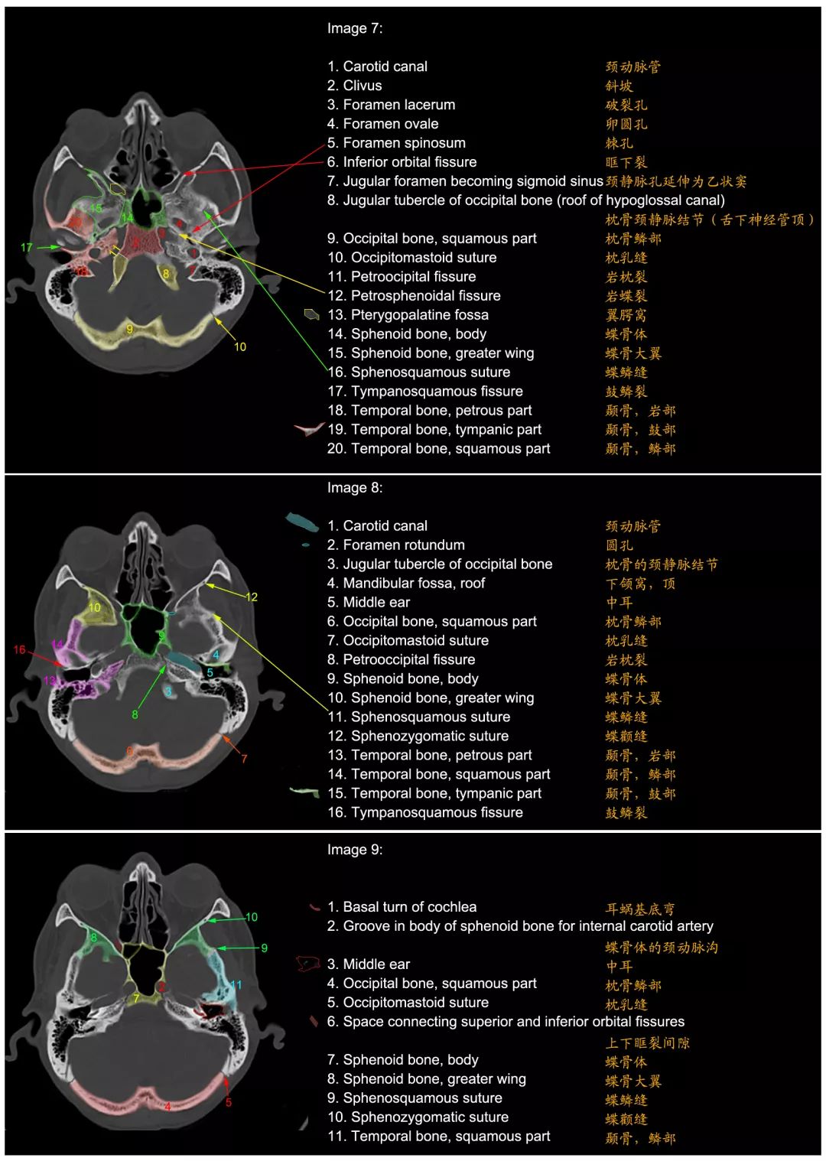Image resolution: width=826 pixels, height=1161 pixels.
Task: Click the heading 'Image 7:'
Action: pos(354,28)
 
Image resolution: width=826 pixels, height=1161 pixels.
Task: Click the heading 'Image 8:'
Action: pos(354,488)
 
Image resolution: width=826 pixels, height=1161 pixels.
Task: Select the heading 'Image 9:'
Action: pos(354,850)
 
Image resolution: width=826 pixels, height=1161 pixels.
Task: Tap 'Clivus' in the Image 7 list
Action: pos(363,86)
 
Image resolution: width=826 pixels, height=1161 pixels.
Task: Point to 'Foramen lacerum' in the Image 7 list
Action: pos(399,105)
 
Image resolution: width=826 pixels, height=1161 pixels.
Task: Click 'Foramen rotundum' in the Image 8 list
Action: pos(404,545)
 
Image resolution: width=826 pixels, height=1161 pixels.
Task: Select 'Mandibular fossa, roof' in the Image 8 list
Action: pos(414,583)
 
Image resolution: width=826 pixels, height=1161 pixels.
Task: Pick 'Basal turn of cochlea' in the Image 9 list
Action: pos(409,907)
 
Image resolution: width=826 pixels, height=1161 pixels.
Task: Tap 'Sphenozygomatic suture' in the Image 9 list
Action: pos(425,1117)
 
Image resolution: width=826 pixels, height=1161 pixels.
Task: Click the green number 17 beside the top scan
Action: pos(27,248)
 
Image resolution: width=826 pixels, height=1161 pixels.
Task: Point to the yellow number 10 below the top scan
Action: pos(240,346)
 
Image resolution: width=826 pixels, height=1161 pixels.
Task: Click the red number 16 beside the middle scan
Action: pos(19,649)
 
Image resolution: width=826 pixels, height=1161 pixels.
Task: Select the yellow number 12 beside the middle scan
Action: pos(252,597)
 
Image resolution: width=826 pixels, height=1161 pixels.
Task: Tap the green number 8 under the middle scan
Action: pos(135,715)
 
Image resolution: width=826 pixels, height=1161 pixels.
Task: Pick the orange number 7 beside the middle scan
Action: pos(244,759)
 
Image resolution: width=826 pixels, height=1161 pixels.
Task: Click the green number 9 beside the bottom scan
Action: pos(265,948)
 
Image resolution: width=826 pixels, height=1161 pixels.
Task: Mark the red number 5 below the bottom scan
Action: pos(229,1102)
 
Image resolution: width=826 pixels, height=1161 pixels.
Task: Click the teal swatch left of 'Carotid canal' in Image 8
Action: pos(302,522)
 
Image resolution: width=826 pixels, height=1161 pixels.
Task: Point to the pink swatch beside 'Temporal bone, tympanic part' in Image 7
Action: pos(309,429)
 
